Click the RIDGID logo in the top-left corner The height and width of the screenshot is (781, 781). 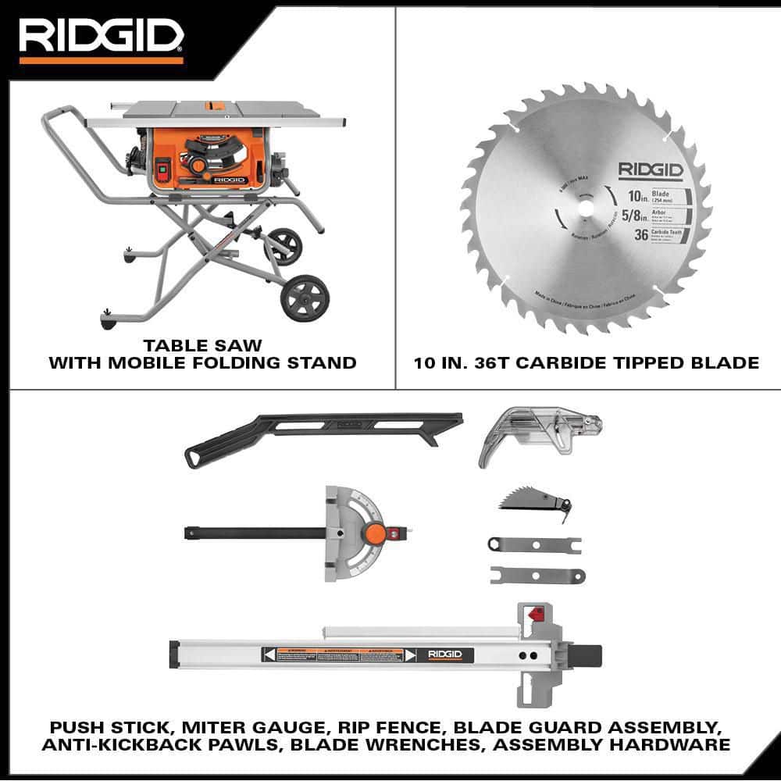click(101, 37)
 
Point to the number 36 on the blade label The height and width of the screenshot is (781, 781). click(641, 234)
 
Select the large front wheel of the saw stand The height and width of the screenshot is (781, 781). click(305, 297)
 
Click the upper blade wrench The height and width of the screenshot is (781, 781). click(533, 544)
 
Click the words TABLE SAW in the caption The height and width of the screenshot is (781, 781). click(202, 344)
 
